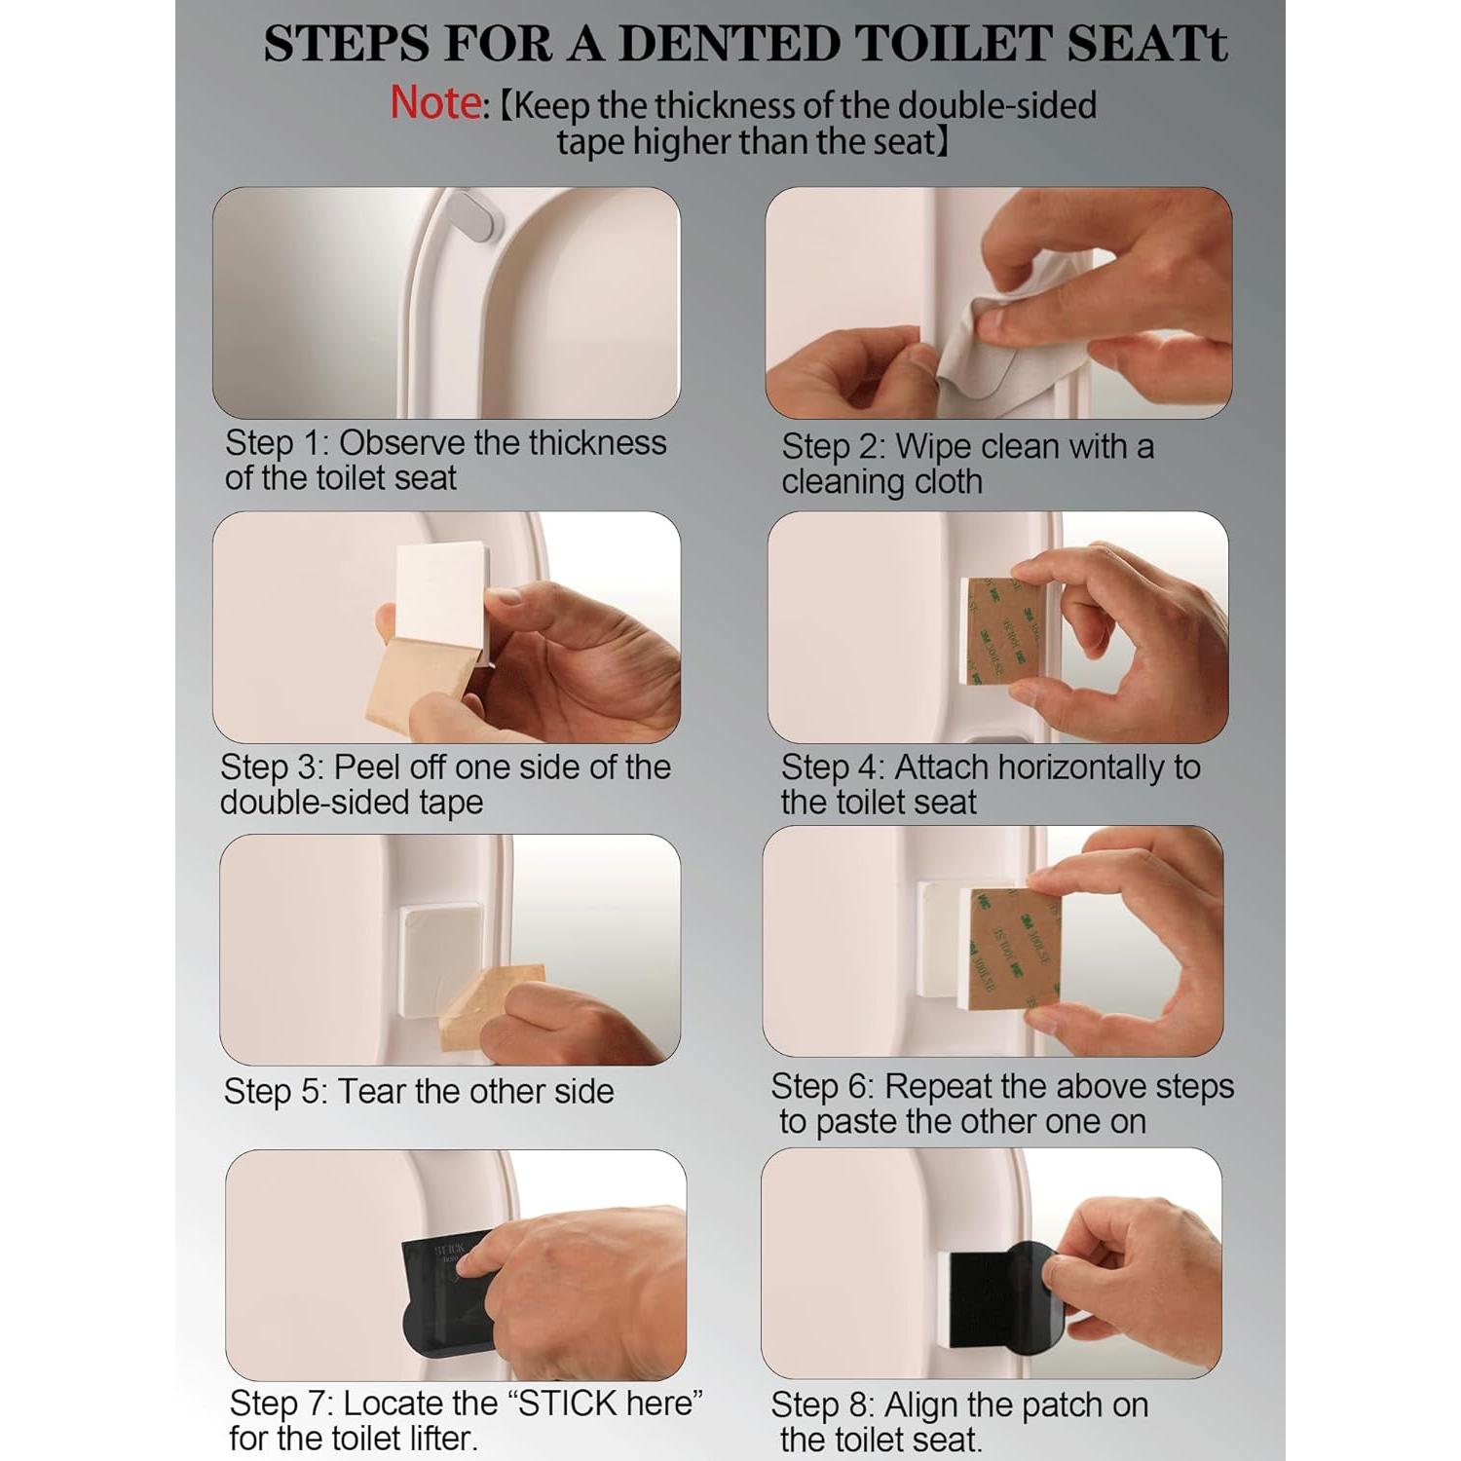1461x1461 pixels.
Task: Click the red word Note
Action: click(x=434, y=103)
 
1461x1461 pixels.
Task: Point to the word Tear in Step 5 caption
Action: click(x=371, y=1092)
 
